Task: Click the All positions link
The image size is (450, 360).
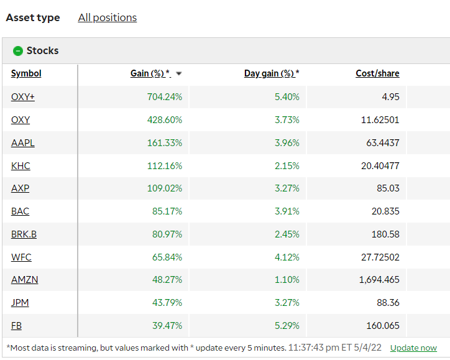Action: pyautogui.click(x=107, y=17)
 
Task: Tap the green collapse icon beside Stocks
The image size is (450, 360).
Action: pyautogui.click(x=18, y=51)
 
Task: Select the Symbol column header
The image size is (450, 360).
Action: pyautogui.click(x=26, y=73)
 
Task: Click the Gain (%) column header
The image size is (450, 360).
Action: pyautogui.click(x=150, y=73)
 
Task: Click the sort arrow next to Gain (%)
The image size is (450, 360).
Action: pyautogui.click(x=179, y=74)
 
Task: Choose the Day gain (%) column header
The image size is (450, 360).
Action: pyautogui.click(x=271, y=73)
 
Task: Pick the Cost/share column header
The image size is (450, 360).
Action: pyautogui.click(x=377, y=73)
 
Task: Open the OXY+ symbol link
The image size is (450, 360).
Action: pyautogui.click(x=23, y=96)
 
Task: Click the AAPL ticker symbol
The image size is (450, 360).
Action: pyautogui.click(x=23, y=142)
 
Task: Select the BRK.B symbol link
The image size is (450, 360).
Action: pyautogui.click(x=24, y=234)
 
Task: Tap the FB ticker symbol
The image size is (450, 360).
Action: pyautogui.click(x=17, y=325)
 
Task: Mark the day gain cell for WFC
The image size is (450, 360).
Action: pyautogui.click(x=287, y=257)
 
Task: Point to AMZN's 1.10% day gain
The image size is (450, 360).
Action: pyautogui.click(x=287, y=280)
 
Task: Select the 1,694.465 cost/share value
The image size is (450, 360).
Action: pyautogui.click(x=379, y=280)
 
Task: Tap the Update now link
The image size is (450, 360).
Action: pyautogui.click(x=413, y=348)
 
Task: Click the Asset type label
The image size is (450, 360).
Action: pyautogui.click(x=33, y=17)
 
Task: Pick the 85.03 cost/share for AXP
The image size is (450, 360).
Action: pyautogui.click(x=387, y=188)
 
